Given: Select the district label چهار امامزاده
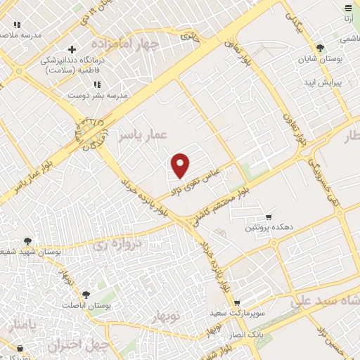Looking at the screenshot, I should point(131,44).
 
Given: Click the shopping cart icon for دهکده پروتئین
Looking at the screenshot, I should point(268,217).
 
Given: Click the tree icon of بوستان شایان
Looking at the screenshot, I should point(321,49).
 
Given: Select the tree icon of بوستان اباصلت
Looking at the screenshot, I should point(86,295).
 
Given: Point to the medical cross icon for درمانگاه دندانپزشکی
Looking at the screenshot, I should point(71,49).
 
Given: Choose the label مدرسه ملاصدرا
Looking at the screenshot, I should point(22,34).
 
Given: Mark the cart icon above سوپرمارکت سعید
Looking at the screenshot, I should point(237,302).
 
